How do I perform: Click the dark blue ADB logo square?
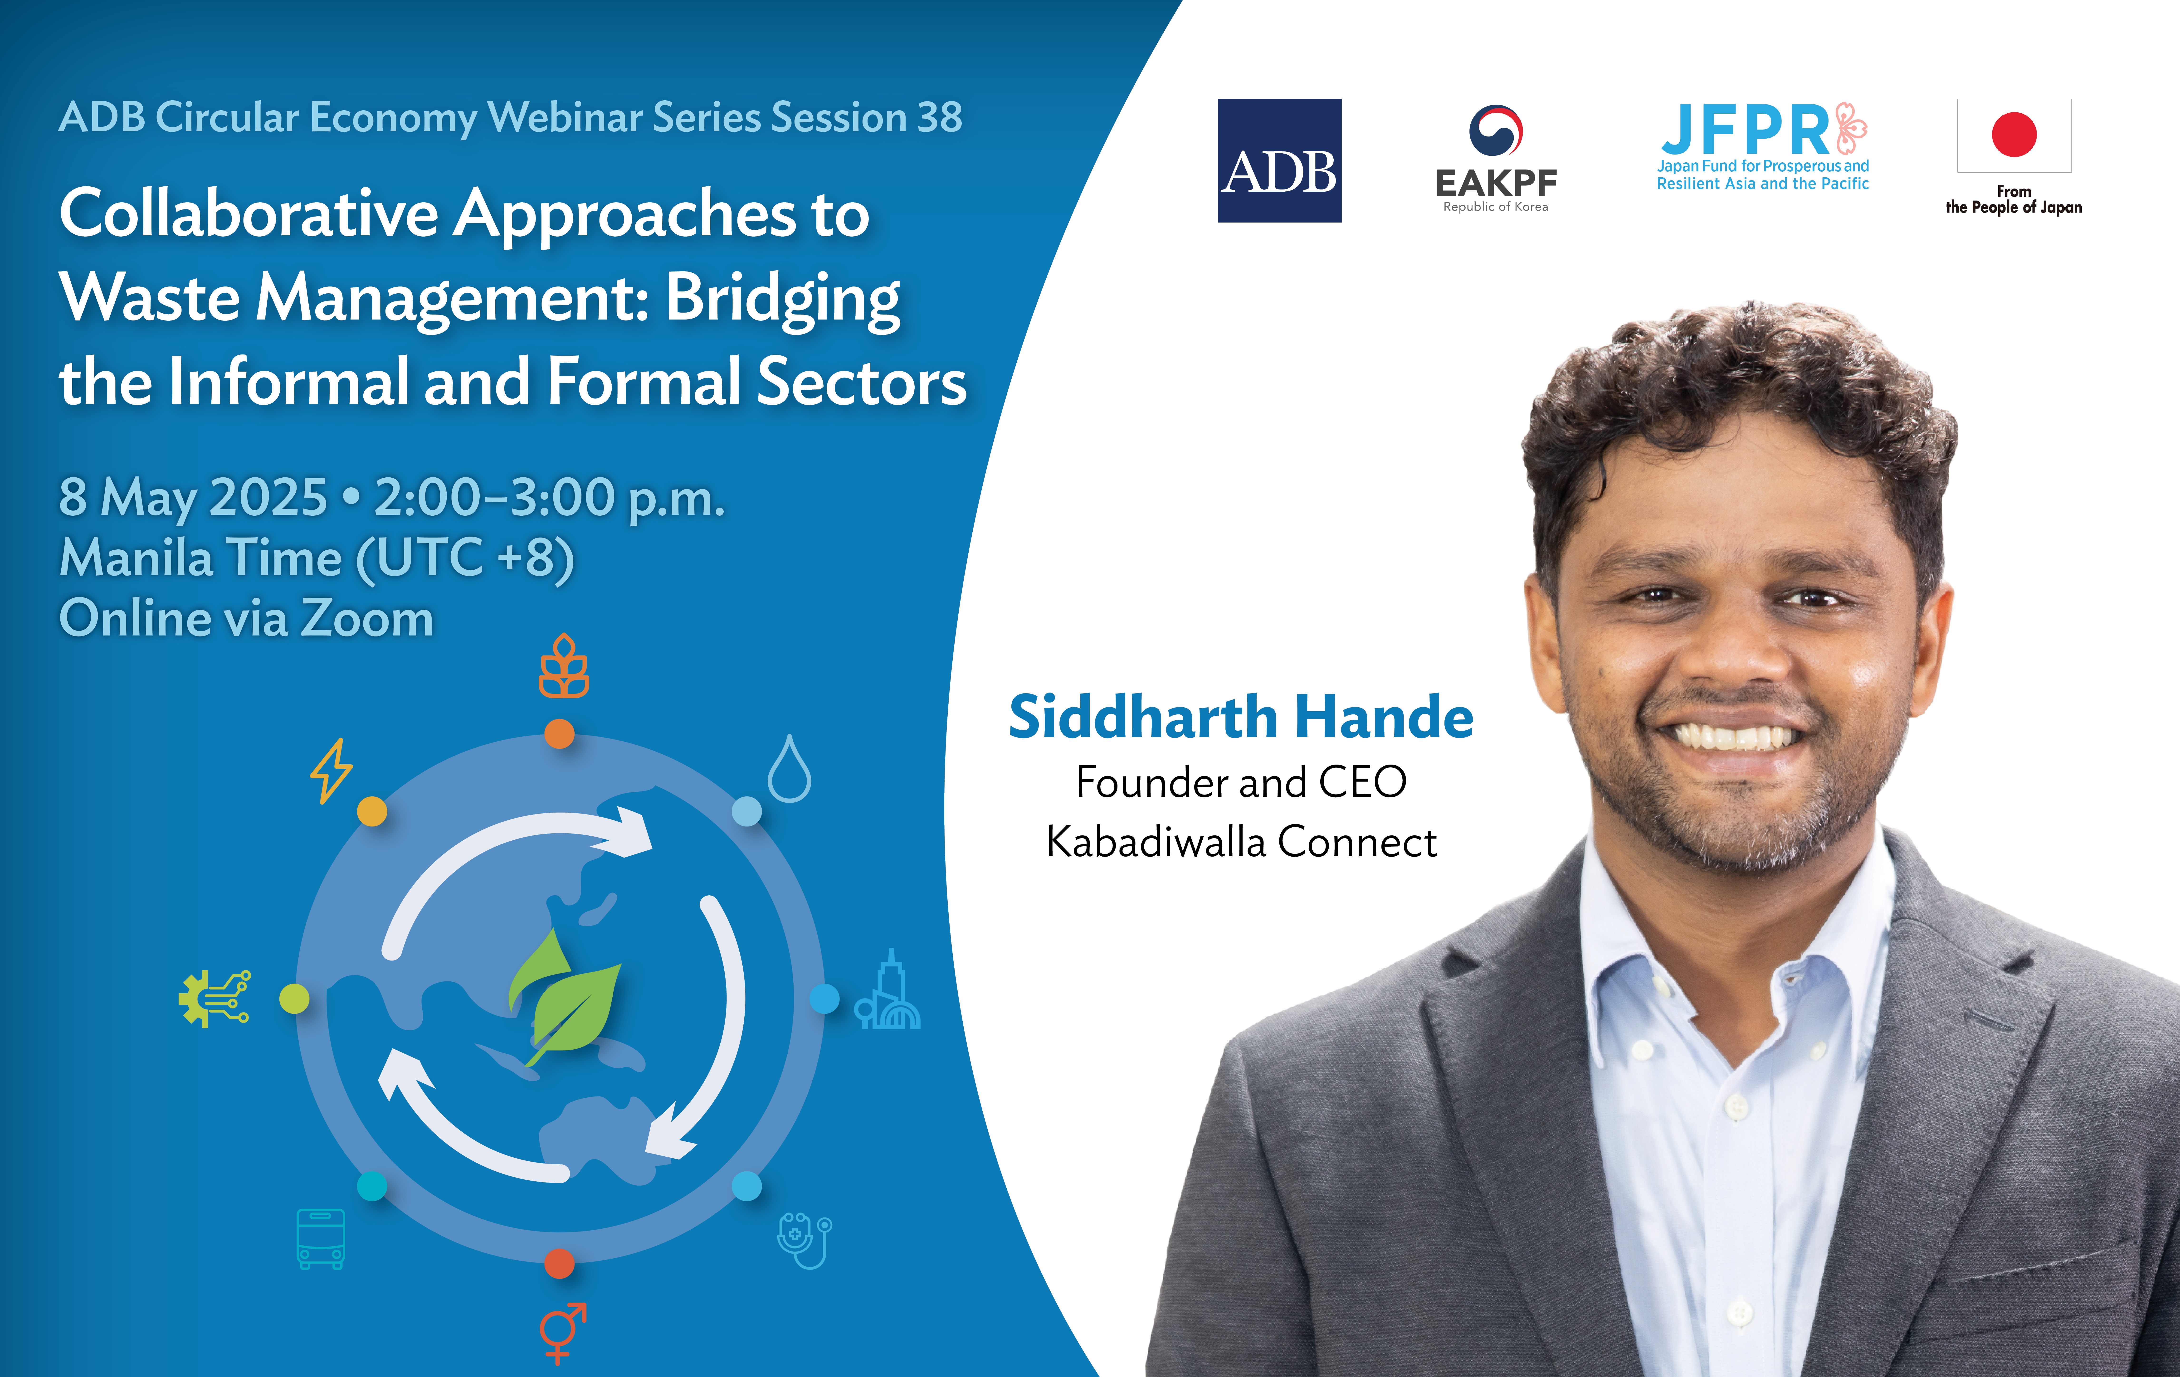(x=1279, y=160)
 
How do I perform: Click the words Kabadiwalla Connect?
(x=1241, y=842)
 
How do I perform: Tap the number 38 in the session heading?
(x=940, y=118)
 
